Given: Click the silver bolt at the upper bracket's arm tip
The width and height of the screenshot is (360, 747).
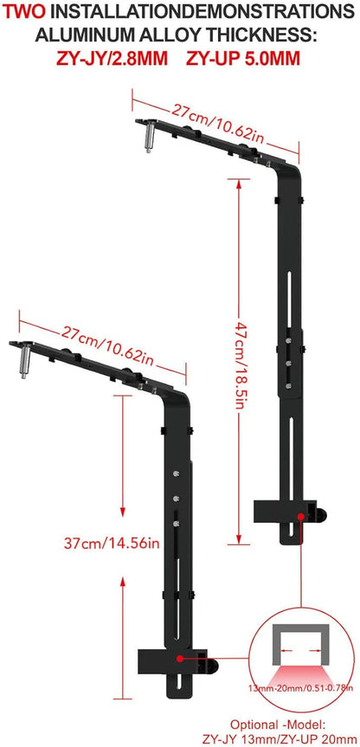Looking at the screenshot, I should (147, 137).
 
